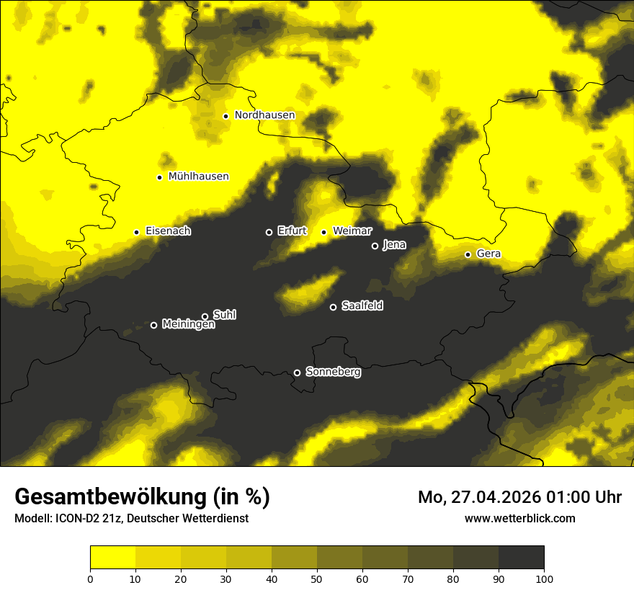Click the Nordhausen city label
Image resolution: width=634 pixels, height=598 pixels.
click(264, 115)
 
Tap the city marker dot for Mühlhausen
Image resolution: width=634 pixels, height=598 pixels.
click(159, 177)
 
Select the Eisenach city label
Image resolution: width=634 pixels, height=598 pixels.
click(168, 231)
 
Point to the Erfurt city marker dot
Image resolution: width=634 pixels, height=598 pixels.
click(269, 232)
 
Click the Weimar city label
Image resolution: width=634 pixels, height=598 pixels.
click(352, 231)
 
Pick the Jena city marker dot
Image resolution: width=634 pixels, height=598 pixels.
click(375, 246)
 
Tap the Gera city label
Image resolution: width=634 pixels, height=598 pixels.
click(488, 254)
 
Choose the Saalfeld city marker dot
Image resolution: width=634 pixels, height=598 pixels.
click(333, 307)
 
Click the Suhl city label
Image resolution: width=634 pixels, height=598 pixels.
click(225, 315)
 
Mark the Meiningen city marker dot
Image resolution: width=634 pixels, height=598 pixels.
click(153, 325)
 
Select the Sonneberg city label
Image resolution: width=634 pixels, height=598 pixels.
click(334, 372)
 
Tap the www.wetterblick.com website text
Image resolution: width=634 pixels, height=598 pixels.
click(519, 518)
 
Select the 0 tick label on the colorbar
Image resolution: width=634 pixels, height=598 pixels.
click(90, 579)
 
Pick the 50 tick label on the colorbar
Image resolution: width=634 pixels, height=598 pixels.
click(317, 579)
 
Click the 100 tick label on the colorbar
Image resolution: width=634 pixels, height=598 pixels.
click(544, 579)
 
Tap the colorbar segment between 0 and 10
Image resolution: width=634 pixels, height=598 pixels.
click(112, 558)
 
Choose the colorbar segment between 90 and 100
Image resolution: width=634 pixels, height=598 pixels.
click(521, 558)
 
